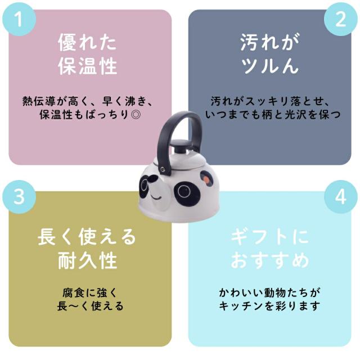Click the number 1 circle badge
(x=19, y=19)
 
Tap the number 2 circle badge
(x=341, y=19)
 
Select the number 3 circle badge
(x=19, y=197)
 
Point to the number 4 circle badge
(x=341, y=197)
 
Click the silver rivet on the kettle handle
(x=163, y=170)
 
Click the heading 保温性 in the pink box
(x=88, y=66)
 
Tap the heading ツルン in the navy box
(x=270, y=66)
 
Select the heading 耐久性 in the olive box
(x=88, y=260)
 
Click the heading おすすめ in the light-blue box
(x=270, y=260)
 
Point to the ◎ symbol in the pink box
(x=135, y=114)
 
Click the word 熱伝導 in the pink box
(x=39, y=101)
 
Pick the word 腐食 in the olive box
(x=74, y=293)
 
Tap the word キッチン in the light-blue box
(x=241, y=306)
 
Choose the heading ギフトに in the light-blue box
(x=270, y=237)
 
